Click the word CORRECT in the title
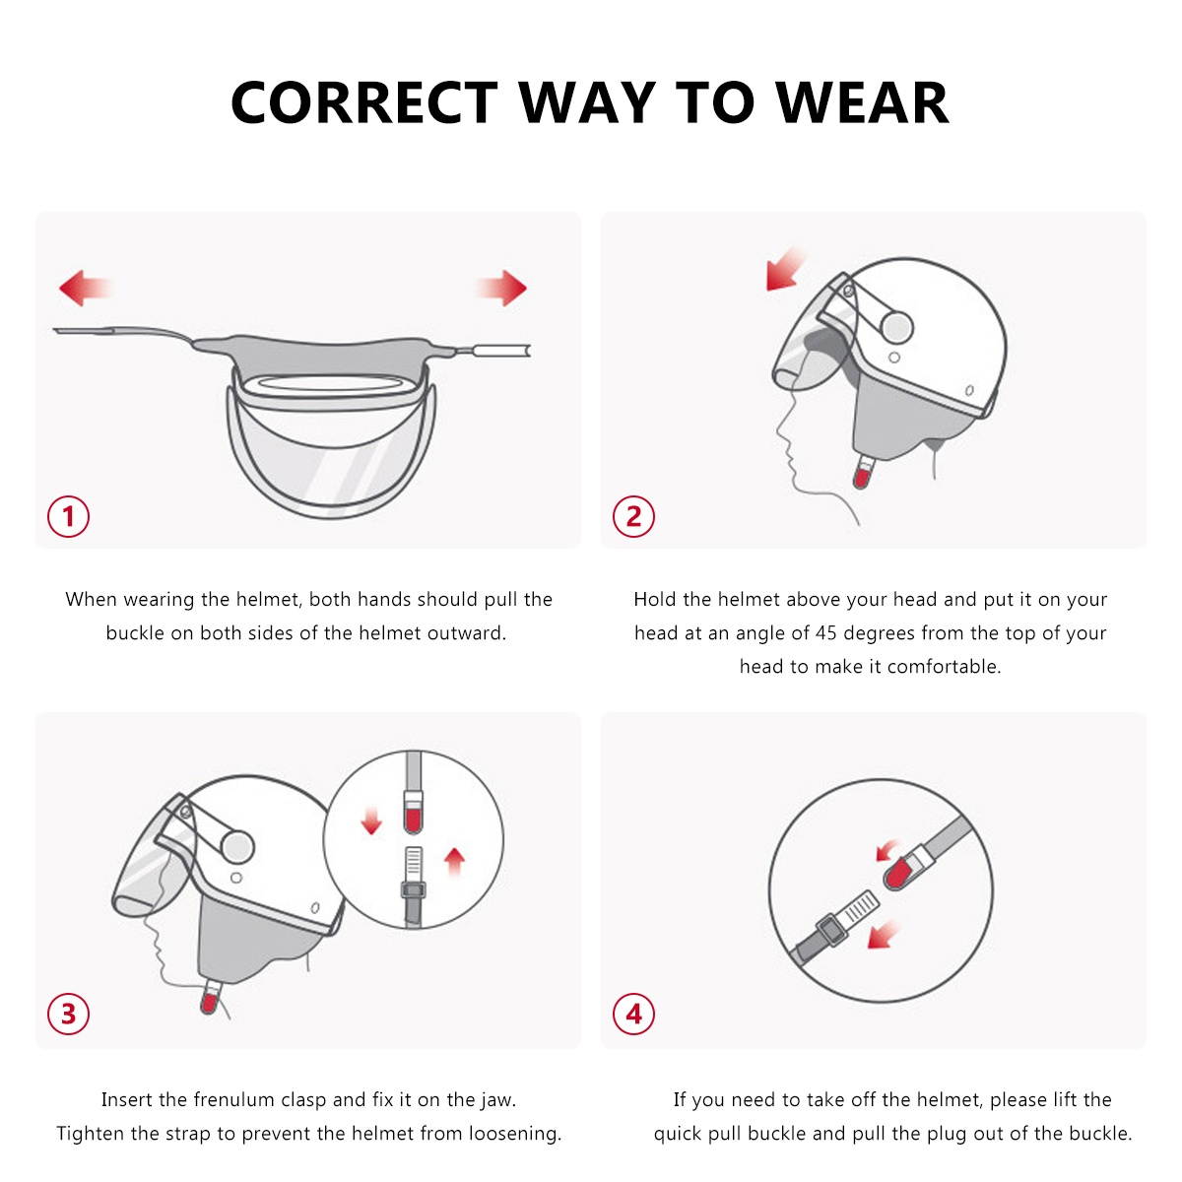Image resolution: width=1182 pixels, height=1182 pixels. pos(364,102)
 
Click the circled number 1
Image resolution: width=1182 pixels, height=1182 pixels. pos(69,516)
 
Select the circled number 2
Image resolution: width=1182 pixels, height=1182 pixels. pos(633,516)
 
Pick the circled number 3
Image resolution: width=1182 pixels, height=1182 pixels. pos(69,1014)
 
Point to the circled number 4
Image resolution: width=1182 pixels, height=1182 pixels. pos(633,1014)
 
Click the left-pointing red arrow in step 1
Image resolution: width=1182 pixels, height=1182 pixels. pos(84,289)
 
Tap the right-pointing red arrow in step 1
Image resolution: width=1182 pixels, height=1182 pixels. pos(502,288)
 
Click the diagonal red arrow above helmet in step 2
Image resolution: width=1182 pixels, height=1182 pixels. pos(785,270)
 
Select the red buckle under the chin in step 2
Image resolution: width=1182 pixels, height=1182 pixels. pos(862,478)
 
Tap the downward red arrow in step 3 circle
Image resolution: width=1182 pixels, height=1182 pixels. pos(371,821)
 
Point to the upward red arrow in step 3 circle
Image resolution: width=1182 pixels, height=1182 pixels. pos(454,861)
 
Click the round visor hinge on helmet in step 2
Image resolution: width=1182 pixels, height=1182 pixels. pos(896,327)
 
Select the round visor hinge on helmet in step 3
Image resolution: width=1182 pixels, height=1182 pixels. pos(237,846)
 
